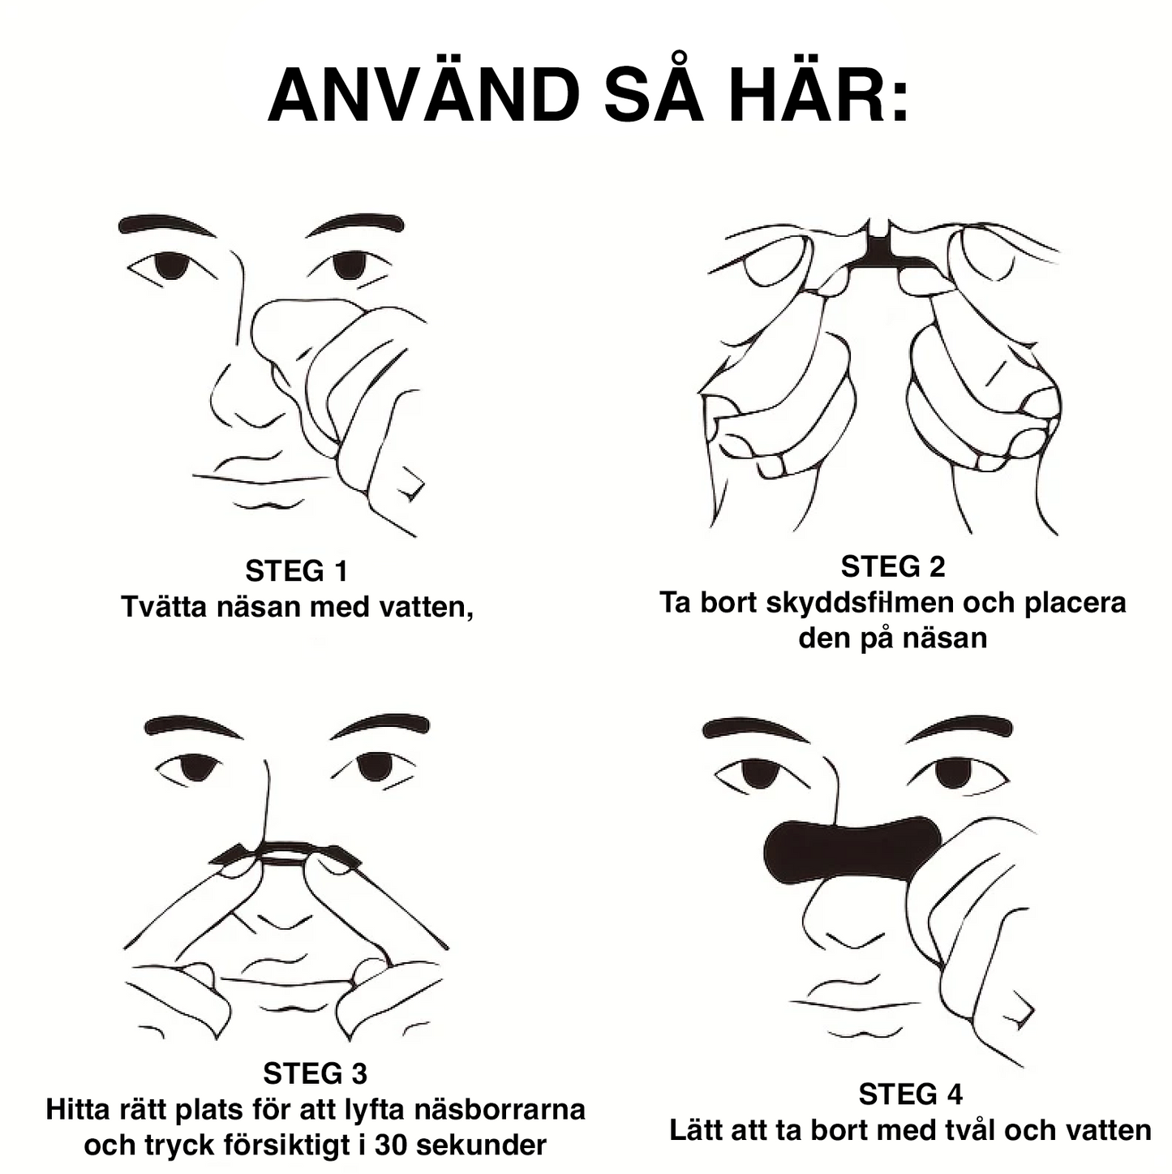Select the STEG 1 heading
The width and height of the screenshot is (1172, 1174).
pos(297,571)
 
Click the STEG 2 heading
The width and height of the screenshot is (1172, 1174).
pos(893,566)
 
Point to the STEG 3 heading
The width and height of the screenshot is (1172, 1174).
pos(315,1073)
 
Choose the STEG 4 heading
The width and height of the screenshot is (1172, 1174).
pos(910,1094)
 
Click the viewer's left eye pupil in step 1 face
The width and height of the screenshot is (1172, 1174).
pos(171,266)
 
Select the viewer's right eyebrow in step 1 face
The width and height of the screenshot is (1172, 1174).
pos(354,225)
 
